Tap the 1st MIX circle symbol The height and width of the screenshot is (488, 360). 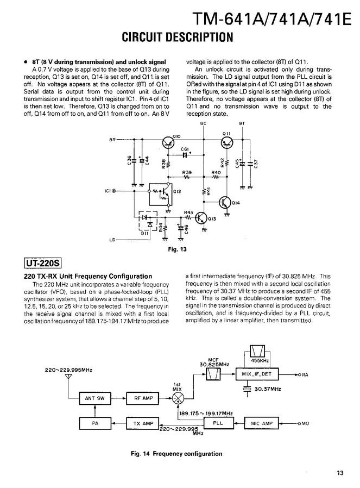point(177,398)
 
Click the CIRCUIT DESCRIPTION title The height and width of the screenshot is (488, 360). point(177,37)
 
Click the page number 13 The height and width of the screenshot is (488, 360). point(340,473)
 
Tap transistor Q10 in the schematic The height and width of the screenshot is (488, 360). point(168,143)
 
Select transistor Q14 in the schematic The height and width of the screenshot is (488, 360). point(226,202)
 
